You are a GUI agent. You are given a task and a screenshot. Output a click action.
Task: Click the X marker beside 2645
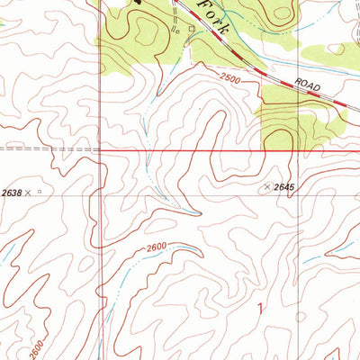(265, 186)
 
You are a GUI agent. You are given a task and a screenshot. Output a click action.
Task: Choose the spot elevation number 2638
(11, 192)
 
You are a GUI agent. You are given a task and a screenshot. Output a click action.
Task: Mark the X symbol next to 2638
(29, 192)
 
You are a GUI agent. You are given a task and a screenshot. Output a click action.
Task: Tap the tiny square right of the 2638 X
(39, 191)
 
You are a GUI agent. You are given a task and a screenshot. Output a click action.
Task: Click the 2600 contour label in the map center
(157, 249)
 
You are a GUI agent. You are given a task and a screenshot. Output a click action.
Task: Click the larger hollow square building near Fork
(191, 28)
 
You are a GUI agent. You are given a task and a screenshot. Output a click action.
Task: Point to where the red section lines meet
(100, 150)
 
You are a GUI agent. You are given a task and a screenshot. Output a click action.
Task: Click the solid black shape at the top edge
(138, 3)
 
